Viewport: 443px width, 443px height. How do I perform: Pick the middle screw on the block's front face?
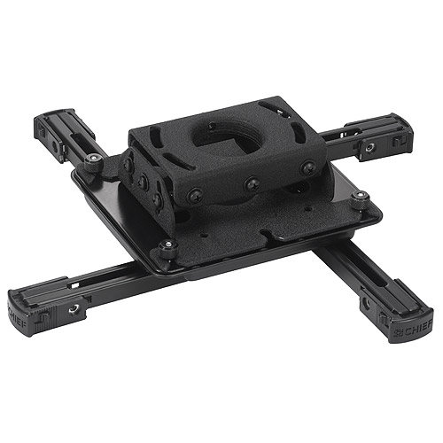pyautogui.click(x=252, y=183)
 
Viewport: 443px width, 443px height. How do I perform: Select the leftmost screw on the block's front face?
pyautogui.click(x=192, y=197)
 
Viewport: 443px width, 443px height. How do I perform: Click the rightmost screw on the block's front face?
pyautogui.click(x=307, y=167)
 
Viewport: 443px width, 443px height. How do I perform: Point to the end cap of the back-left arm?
pyautogui.click(x=42, y=126)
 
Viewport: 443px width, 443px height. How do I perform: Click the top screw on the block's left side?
pyautogui.click(x=129, y=165)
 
